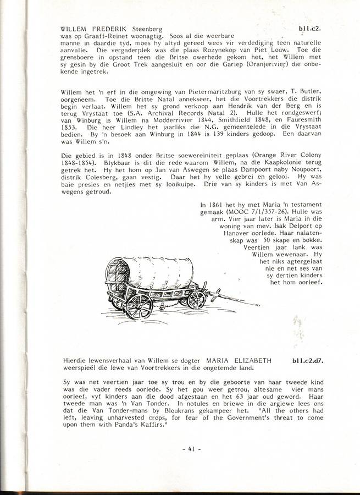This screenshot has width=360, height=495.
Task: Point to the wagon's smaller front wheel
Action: [197, 299]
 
